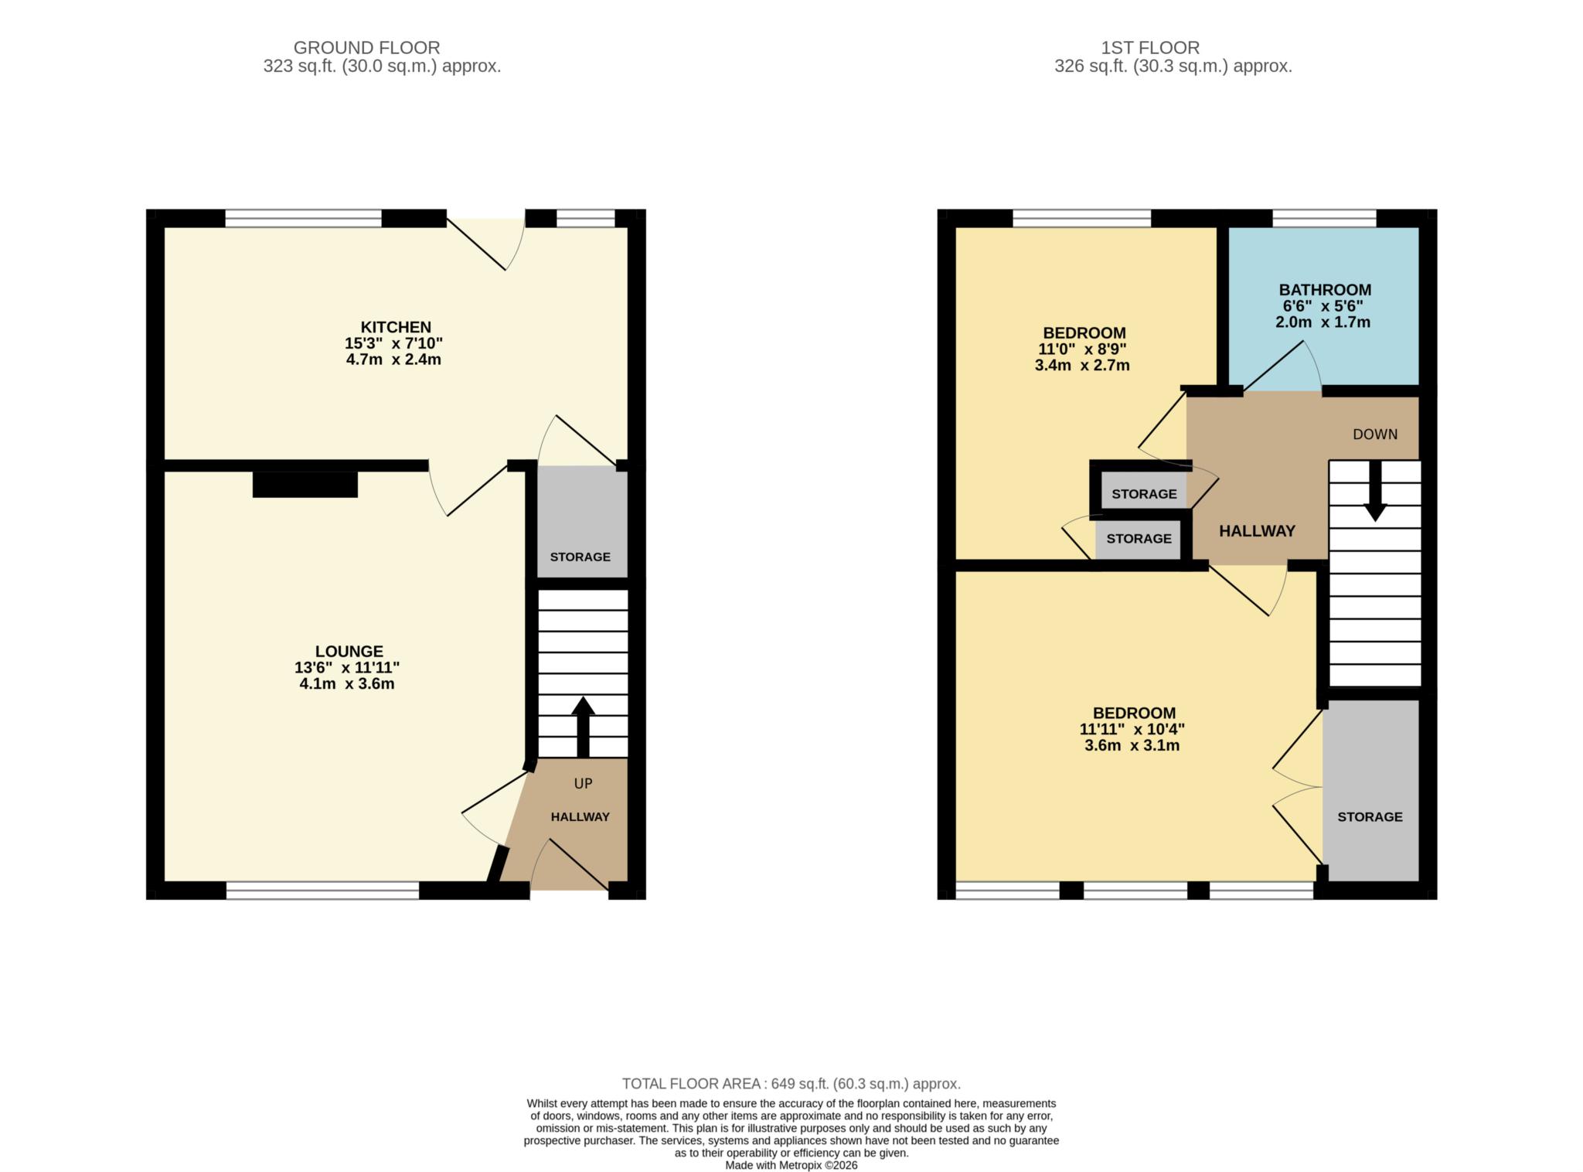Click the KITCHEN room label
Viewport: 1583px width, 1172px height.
(395, 327)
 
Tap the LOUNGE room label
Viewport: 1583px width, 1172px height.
(349, 652)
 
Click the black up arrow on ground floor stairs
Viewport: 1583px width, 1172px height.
(583, 727)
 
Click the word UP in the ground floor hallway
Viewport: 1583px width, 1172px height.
(583, 784)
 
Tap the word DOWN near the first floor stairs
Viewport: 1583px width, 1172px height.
(1374, 434)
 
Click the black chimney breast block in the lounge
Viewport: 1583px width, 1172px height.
(305, 484)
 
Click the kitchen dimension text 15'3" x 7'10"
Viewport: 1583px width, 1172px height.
(393, 343)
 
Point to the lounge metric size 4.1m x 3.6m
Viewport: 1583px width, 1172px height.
(347, 684)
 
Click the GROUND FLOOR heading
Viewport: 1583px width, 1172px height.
(366, 48)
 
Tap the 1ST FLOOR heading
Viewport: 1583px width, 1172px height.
(1150, 48)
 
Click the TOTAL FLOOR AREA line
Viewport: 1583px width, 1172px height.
(791, 1084)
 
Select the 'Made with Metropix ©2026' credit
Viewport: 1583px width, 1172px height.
(791, 1165)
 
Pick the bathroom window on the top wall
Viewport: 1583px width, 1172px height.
(1324, 218)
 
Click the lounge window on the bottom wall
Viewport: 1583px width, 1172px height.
(322, 891)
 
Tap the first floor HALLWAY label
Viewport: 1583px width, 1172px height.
(1257, 531)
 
